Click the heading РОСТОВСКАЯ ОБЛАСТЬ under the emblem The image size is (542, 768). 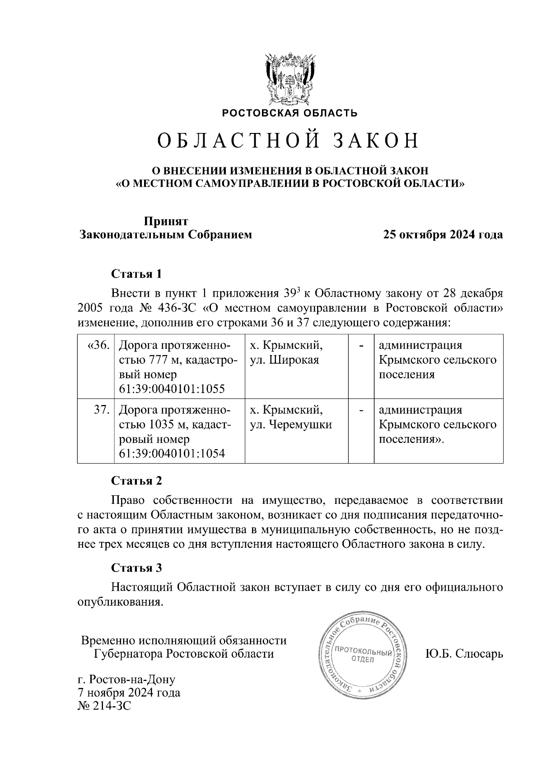coord(290,113)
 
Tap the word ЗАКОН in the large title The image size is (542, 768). coord(376,141)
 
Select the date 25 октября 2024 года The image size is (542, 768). coord(443,235)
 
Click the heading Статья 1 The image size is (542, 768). coord(136,274)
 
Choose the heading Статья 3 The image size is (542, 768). coord(136,568)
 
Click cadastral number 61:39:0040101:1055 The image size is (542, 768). coord(172,389)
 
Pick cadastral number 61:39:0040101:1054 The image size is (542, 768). coord(172,454)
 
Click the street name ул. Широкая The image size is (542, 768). coord(285,360)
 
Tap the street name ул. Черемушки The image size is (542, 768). coord(291,425)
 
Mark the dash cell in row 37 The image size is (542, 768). coord(361,410)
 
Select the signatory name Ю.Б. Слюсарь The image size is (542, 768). coord(464,654)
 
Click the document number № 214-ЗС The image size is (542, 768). coord(104,706)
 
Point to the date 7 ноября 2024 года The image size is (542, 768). coord(129,692)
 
